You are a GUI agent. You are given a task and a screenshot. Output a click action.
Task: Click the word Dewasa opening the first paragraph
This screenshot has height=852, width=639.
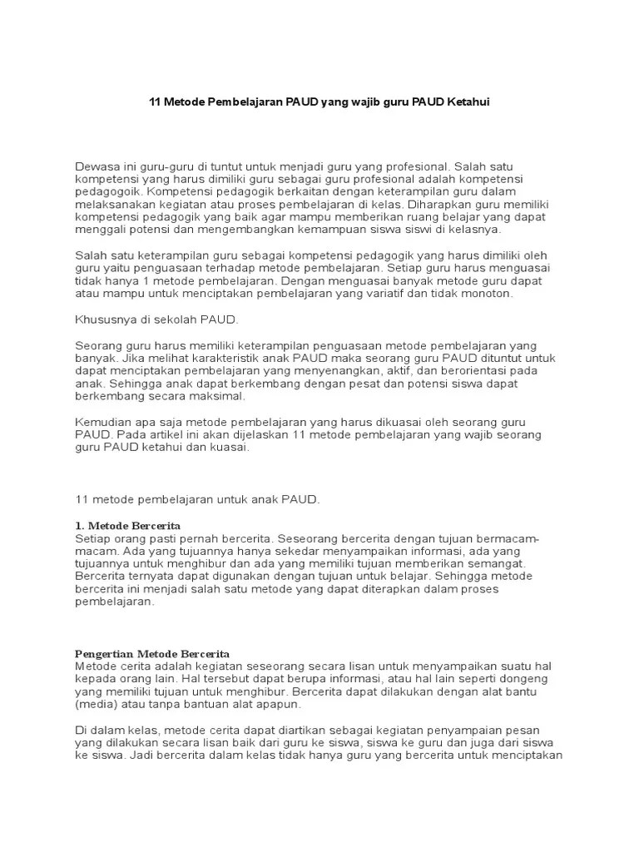click(x=98, y=166)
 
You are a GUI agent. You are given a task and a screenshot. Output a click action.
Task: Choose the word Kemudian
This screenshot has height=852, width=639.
click(x=105, y=423)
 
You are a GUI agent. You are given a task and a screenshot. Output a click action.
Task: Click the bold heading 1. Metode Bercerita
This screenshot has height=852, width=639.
click(x=127, y=526)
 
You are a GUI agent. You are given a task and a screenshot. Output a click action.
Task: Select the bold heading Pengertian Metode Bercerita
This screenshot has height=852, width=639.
click(x=152, y=654)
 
